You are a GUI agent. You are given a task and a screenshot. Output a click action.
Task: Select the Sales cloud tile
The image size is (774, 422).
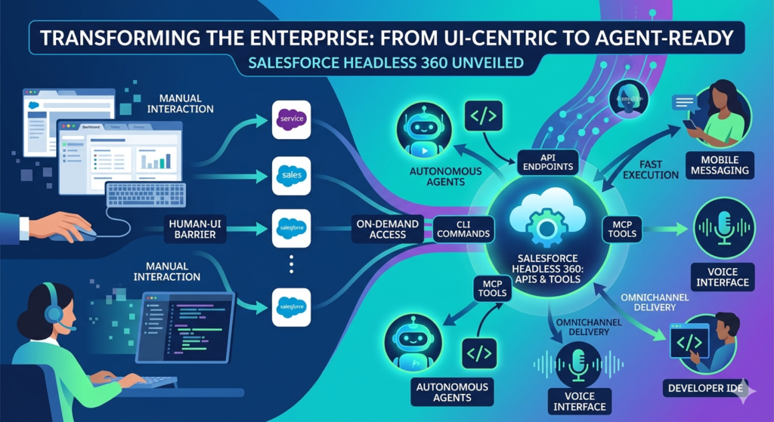[x=291, y=175]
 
